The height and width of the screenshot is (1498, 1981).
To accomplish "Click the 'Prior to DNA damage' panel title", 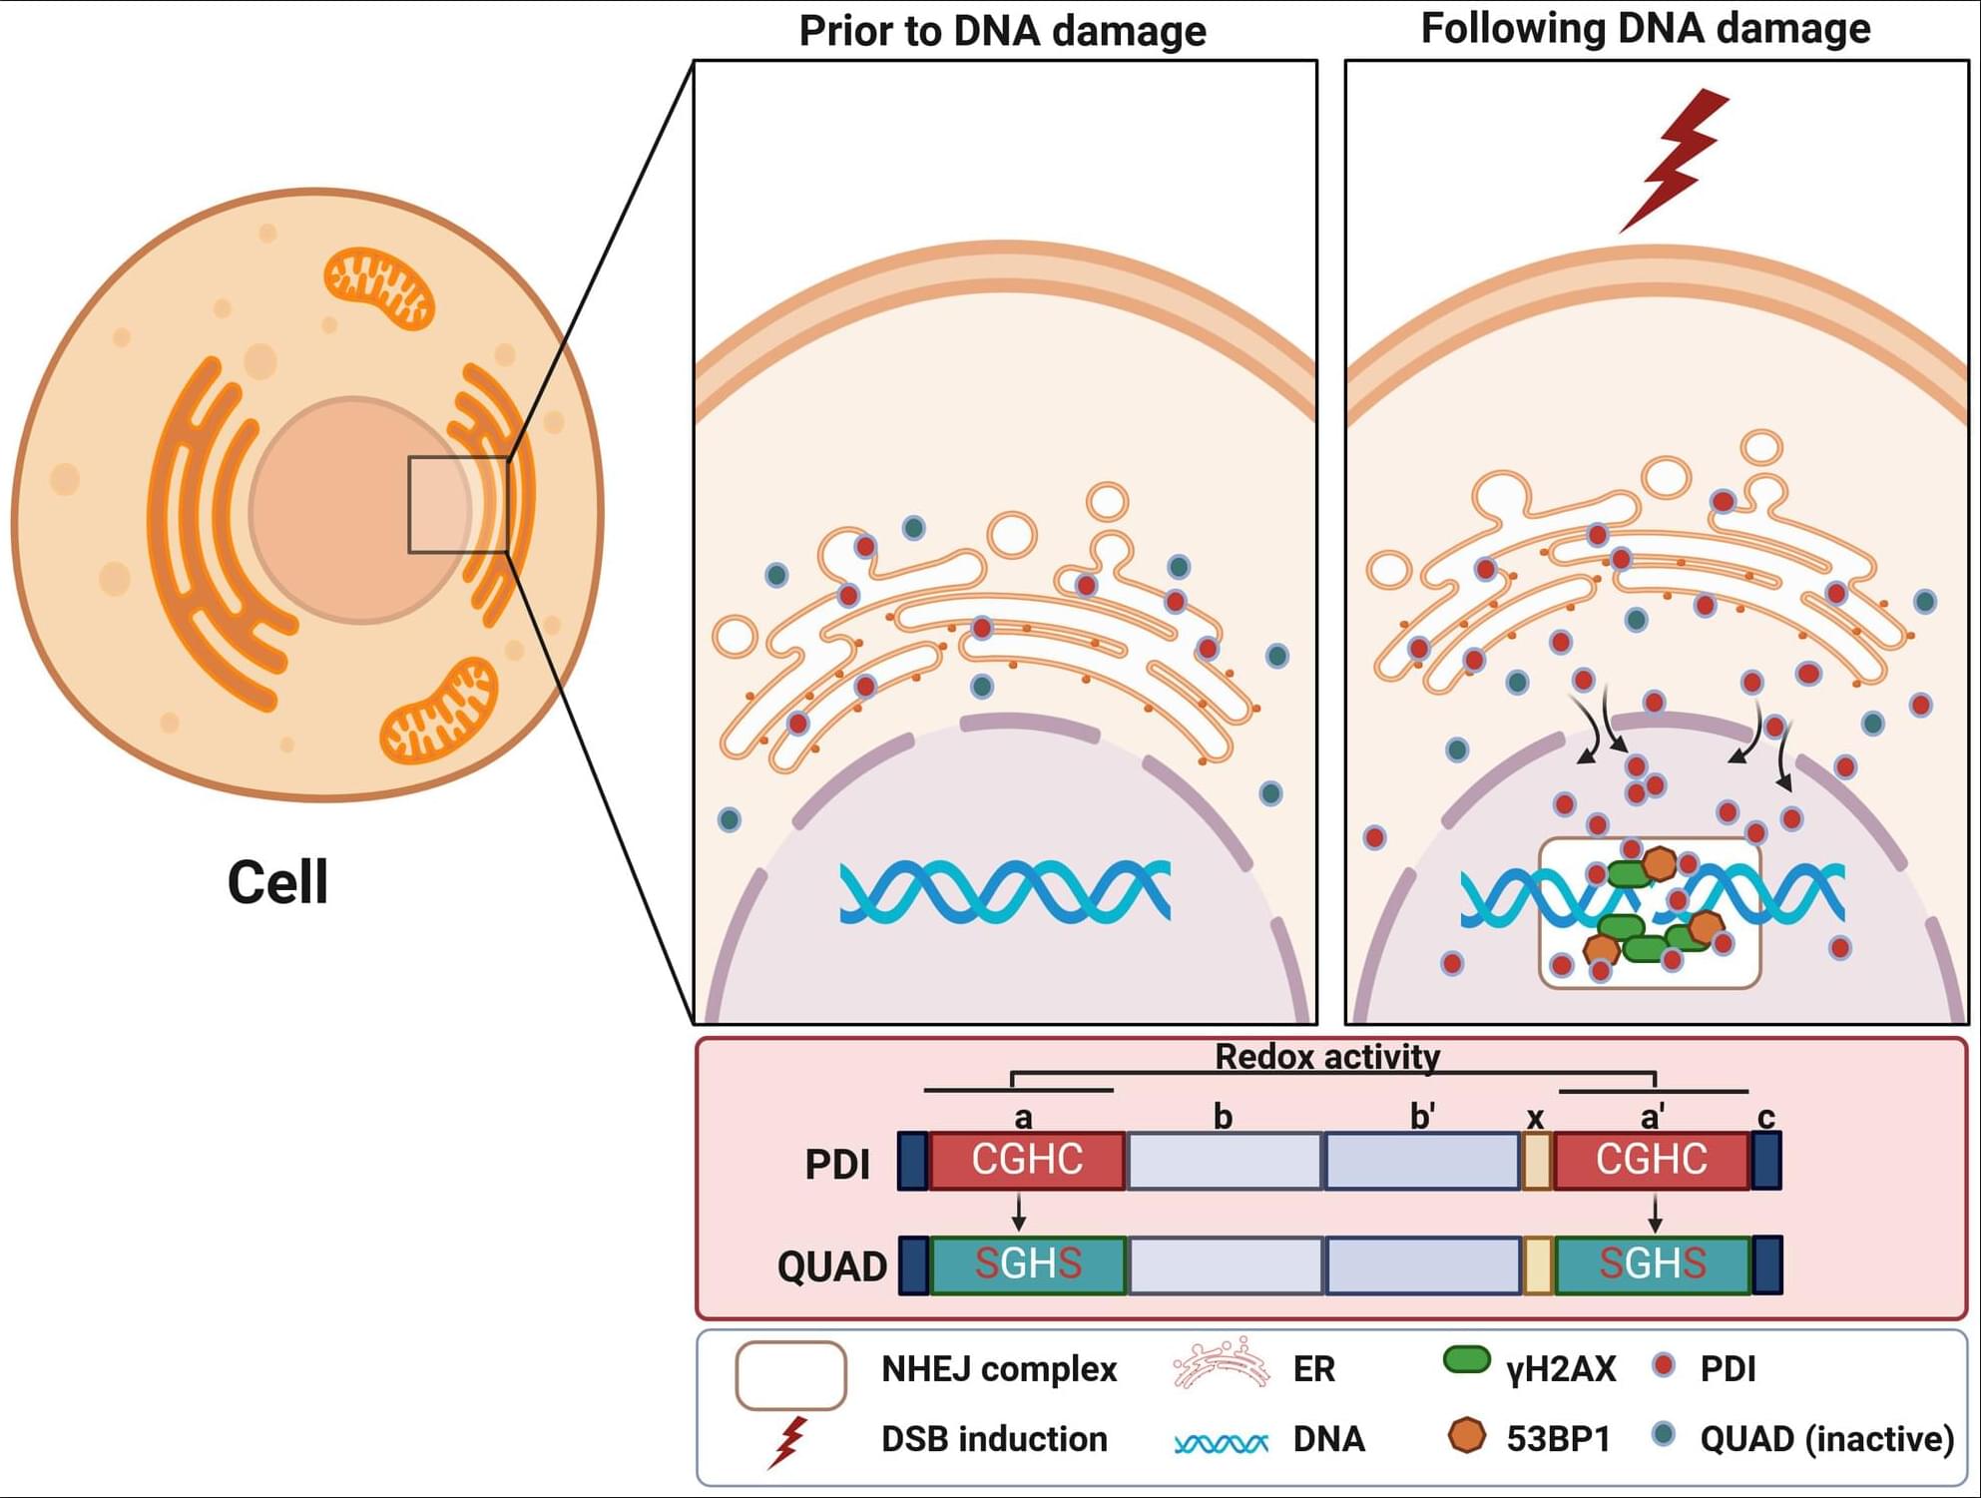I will click(1002, 31).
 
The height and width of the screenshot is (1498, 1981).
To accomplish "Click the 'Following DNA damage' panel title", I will click(1645, 29).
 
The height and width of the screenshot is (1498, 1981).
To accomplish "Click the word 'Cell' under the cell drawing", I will click(277, 882).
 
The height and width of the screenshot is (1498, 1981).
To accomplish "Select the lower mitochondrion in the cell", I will click(439, 711).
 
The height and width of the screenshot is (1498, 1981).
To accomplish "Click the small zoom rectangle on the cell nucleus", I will click(458, 504).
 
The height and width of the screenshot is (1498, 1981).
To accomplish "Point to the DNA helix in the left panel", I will click(1004, 890).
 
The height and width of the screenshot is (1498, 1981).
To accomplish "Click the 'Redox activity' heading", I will click(1326, 1057).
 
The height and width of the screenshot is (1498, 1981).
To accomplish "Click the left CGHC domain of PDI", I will click(1027, 1161).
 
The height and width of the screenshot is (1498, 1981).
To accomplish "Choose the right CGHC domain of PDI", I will click(1652, 1161).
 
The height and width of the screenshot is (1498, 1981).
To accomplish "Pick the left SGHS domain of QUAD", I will click(1028, 1264).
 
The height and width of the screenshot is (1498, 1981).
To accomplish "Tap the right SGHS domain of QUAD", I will click(1653, 1264).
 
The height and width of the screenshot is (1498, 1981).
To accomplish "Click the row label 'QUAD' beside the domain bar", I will click(831, 1266).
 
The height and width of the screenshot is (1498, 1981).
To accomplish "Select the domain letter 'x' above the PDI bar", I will click(1536, 1119).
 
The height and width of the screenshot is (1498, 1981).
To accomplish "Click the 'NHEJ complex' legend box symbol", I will click(790, 1375).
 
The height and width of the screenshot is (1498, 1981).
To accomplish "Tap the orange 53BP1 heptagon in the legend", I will click(1466, 1435).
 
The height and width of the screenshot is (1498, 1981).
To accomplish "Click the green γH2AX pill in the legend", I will click(1466, 1360).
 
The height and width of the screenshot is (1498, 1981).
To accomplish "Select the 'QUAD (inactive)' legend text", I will click(1826, 1439).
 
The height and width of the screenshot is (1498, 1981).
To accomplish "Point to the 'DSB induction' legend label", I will click(994, 1439).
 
